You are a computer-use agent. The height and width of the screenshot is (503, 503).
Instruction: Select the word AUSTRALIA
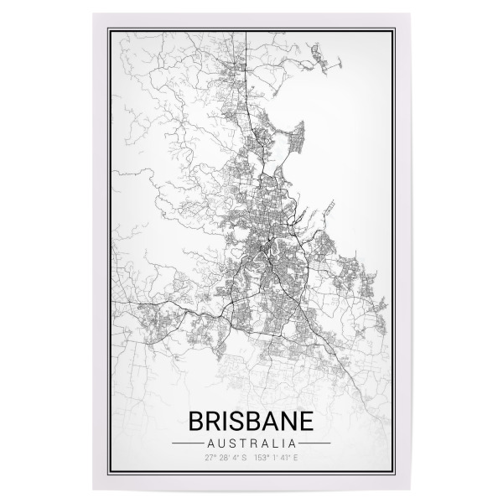click(x=251, y=442)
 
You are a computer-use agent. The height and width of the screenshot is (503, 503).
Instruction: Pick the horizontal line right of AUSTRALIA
click(x=316, y=442)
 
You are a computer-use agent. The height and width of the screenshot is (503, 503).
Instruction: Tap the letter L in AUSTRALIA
click(x=274, y=442)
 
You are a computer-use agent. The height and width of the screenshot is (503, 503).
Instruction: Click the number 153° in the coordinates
click(x=263, y=458)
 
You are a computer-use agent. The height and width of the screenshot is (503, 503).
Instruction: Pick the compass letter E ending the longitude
click(x=296, y=458)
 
